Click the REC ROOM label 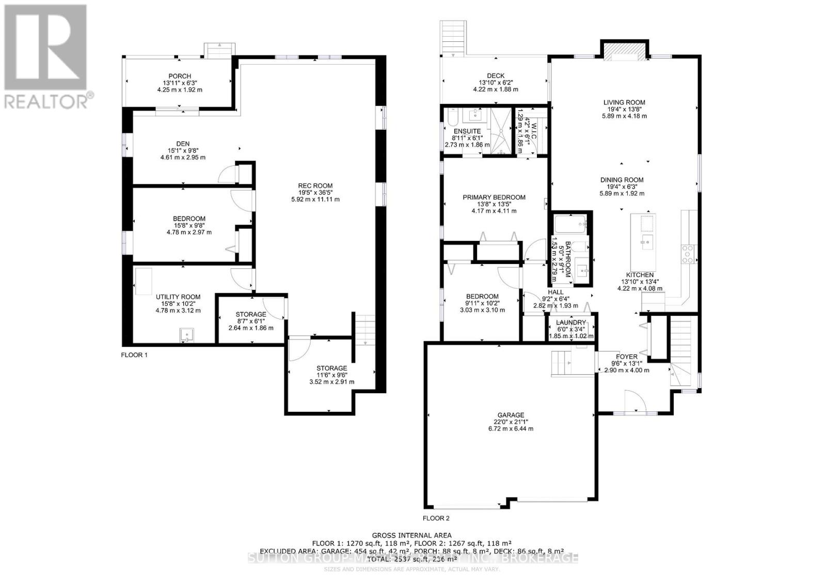315,186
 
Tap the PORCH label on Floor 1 179,76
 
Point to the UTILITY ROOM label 178,297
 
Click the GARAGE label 511,414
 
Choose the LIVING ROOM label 624,102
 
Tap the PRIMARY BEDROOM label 494,197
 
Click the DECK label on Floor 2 496,75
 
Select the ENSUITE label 467,131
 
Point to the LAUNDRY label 570,322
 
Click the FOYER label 626,357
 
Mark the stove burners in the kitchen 688,254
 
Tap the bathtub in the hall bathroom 570,225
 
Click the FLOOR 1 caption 134,355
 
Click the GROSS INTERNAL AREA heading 411,535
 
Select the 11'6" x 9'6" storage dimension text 331,375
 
